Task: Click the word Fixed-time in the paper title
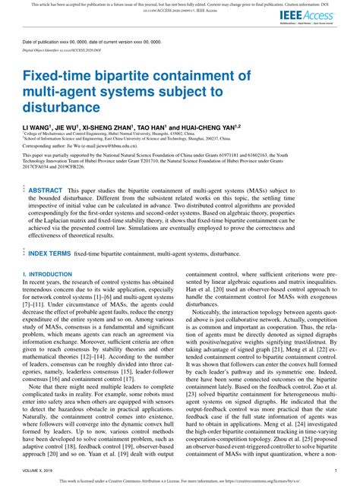[54, 77]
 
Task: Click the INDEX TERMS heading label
[50, 253]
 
